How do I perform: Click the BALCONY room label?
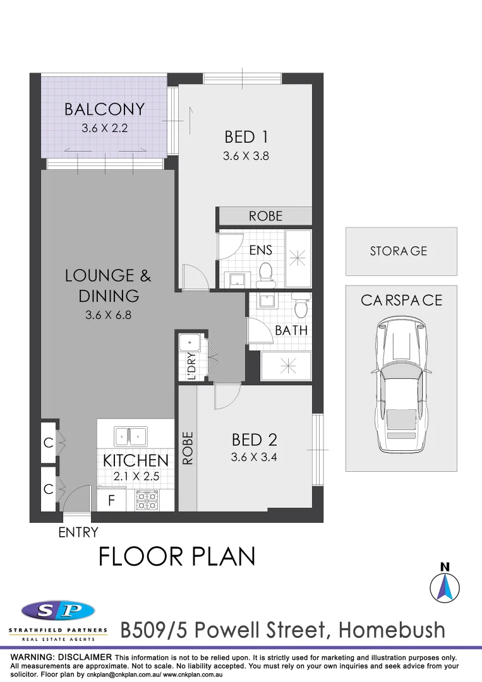104,109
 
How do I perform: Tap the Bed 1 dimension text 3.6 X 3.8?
246,155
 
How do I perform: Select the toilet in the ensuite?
266,272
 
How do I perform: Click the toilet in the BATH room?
301,308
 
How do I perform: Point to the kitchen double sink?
131,436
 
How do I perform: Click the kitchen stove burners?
147,500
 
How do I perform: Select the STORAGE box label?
399,251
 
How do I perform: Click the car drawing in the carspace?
401,385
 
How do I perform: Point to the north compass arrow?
445,586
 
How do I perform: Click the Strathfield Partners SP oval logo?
58,611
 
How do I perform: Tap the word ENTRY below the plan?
78,532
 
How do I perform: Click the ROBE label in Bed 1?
265,216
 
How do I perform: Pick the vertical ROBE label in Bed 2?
187,448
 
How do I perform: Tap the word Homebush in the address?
392,630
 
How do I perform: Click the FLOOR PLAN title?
177,556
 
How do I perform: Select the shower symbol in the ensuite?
297,258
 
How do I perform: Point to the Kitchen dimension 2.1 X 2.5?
135,477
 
